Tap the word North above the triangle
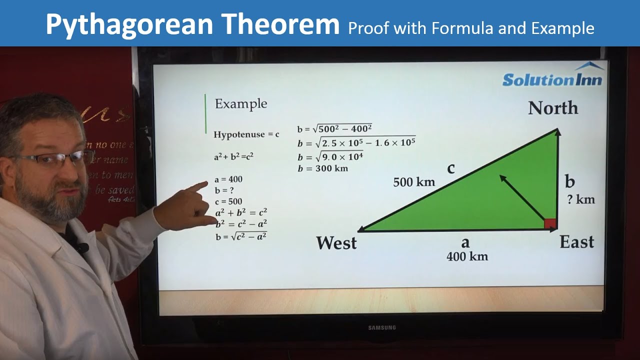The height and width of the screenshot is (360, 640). pyautogui.click(x=552, y=108)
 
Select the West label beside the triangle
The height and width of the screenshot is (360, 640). pyautogui.click(x=336, y=243)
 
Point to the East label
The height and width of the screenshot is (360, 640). pyautogui.click(x=576, y=242)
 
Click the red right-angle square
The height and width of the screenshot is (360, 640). pyautogui.click(x=550, y=223)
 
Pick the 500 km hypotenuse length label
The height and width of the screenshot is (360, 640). pyautogui.click(x=413, y=182)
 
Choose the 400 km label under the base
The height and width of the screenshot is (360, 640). pyautogui.click(x=466, y=256)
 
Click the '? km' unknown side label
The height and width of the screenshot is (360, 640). pyautogui.click(x=580, y=199)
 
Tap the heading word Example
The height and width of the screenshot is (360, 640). pyautogui.click(x=240, y=104)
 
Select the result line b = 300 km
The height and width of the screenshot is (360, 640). pyautogui.click(x=322, y=168)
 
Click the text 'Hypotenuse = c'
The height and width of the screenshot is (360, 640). pyautogui.click(x=246, y=134)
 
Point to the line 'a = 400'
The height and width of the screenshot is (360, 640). pyautogui.click(x=228, y=179)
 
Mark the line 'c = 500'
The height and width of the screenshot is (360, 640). pyautogui.click(x=228, y=201)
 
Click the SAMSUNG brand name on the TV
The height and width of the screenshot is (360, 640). pyautogui.click(x=382, y=327)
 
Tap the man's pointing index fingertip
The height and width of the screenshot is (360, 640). pyautogui.click(x=205, y=184)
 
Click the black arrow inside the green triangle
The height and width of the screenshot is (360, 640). pyautogui.click(x=522, y=197)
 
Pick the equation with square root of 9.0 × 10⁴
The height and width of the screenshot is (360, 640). pyautogui.click(x=330, y=156)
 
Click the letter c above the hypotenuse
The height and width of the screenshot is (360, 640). pyautogui.click(x=450, y=168)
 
